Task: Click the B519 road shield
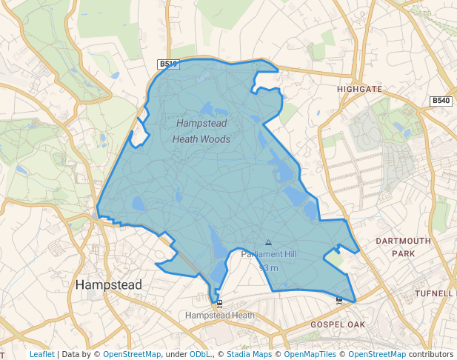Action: [x=168, y=64]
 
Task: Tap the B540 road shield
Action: [x=441, y=101]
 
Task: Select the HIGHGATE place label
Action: [x=359, y=89]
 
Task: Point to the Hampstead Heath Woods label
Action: [x=201, y=130]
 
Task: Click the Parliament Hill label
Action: [x=268, y=254]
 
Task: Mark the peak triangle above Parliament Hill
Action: [x=268, y=242]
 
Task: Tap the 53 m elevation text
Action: [x=268, y=267]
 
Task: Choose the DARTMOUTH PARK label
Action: [x=403, y=247]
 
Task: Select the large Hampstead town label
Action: [x=109, y=284]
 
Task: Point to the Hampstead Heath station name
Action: [x=220, y=315]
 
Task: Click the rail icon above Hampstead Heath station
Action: [x=219, y=304]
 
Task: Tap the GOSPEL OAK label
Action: [x=338, y=324]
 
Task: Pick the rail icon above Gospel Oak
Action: [x=339, y=300]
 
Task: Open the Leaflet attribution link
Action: [x=41, y=354]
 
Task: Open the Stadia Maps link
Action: [x=249, y=354]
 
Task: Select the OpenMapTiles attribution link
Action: [x=309, y=354]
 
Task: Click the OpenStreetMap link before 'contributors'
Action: [x=377, y=354]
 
